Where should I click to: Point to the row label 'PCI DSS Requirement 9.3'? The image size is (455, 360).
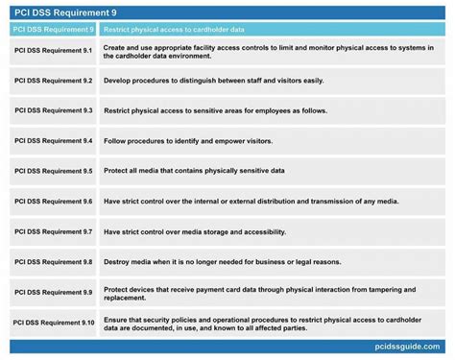[x=53, y=112]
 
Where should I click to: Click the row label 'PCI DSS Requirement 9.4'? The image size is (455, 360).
[x=53, y=141]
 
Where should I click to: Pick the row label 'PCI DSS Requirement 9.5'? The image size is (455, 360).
[x=53, y=172]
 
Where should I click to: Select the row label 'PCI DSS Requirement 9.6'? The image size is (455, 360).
[x=53, y=202]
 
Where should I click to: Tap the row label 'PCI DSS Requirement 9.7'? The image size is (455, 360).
[x=53, y=231]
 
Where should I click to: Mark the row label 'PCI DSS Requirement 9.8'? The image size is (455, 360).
[x=53, y=261]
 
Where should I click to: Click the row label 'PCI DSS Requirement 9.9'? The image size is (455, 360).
[x=53, y=292]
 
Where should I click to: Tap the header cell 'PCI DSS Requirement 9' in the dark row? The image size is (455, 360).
[x=50, y=30]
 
